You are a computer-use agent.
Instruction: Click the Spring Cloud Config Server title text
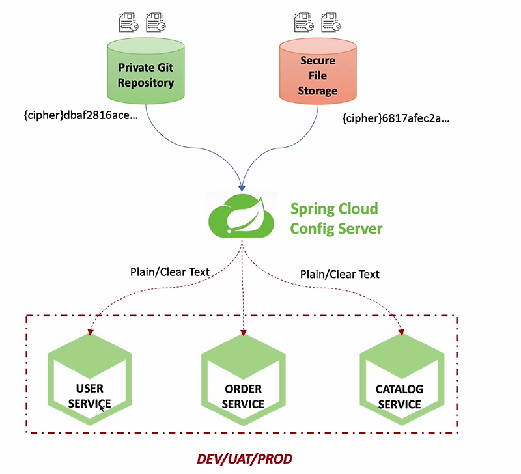[x=336, y=219]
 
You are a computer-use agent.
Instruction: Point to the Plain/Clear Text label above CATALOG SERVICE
[x=339, y=274]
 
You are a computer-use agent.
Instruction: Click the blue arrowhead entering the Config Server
[x=242, y=184]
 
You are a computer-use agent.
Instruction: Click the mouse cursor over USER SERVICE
[x=102, y=409]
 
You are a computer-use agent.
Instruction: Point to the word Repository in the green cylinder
[x=146, y=83]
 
